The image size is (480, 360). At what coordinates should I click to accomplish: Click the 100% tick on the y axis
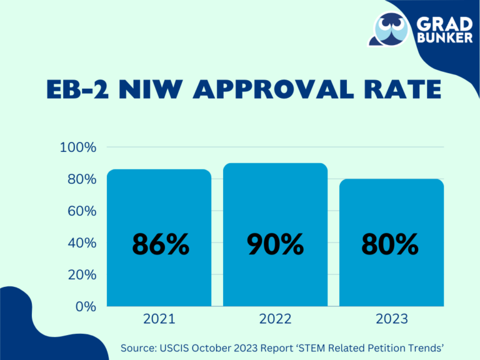coord(78,147)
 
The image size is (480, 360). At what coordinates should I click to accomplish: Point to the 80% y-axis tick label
coord(81,179)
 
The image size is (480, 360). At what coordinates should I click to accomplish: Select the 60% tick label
coord(81,211)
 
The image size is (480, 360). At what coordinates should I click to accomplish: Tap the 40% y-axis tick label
coord(81,243)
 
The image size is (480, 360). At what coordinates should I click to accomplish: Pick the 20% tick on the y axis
coord(81,275)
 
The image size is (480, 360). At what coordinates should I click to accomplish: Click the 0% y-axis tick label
coord(85,307)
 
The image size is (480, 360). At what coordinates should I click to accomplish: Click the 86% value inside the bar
coord(160,244)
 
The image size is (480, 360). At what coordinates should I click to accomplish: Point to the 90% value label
coord(276,244)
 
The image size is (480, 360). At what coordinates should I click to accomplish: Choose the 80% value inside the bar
coord(390,244)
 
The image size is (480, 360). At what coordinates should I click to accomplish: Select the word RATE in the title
coord(399,90)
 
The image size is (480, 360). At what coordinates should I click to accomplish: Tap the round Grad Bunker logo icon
coord(390,29)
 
